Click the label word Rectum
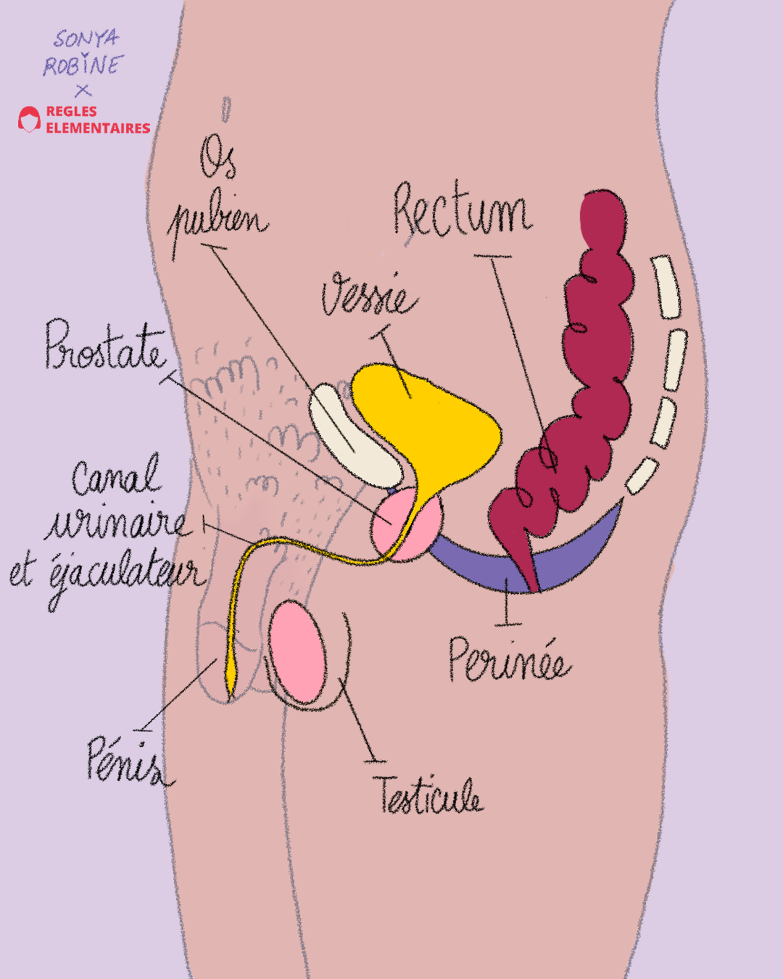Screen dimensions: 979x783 (461, 211)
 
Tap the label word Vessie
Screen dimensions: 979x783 (369, 295)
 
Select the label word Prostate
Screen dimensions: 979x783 (105, 345)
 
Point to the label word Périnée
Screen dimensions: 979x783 (508, 661)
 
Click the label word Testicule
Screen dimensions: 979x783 (428, 796)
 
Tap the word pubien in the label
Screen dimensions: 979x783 (217, 220)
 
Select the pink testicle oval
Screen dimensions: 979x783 (297, 653)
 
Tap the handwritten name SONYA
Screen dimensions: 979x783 (86, 38)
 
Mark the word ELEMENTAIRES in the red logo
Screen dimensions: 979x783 (98, 128)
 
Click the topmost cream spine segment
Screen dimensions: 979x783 (666, 286)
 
